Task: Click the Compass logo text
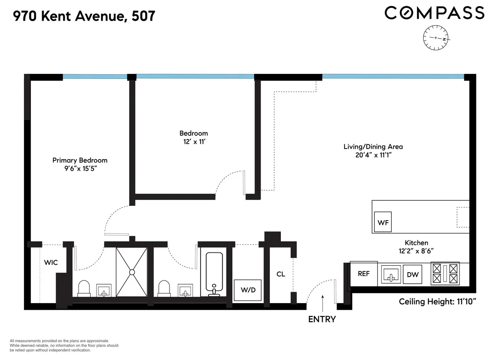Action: [434, 13]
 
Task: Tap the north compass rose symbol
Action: [436, 38]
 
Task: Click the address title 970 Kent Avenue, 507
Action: [85, 16]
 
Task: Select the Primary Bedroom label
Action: [80, 160]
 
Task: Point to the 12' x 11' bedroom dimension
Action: [193, 141]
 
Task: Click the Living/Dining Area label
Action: [373, 146]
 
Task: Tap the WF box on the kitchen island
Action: [383, 223]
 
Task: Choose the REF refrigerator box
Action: [363, 273]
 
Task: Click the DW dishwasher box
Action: [412, 275]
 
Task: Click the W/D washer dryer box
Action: [248, 290]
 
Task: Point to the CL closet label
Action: [280, 274]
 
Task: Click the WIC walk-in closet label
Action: [51, 262]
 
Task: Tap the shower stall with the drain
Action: [131, 272]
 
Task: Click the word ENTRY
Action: [322, 319]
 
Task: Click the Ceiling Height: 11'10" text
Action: [438, 301]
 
